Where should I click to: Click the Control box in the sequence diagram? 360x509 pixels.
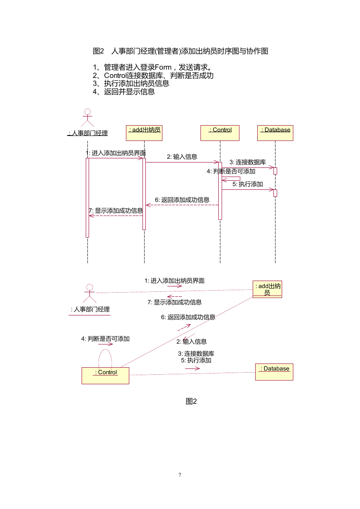[220, 133]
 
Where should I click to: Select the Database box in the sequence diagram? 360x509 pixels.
[275, 133]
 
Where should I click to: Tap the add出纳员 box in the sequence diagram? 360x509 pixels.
[144, 133]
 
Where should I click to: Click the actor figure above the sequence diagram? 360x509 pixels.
[87, 117]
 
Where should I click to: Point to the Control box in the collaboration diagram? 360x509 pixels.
[105, 376]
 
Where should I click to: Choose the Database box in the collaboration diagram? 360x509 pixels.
[274, 372]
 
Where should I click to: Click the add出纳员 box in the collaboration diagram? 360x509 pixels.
[267, 289]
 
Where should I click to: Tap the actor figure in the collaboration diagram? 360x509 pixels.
[89, 293]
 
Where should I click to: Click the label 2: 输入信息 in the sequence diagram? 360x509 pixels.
[182, 157]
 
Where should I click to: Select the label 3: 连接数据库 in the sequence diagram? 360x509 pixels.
[248, 162]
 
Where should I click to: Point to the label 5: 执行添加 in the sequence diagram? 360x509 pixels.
[248, 184]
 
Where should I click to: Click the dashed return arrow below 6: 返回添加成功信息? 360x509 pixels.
[182, 205]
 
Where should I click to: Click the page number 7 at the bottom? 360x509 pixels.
[180, 475]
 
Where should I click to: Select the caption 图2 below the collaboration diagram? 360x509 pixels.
[191, 401]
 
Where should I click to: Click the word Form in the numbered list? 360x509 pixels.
[163, 67]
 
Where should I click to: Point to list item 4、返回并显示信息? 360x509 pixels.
[124, 92]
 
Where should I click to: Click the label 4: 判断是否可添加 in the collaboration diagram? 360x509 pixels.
[105, 339]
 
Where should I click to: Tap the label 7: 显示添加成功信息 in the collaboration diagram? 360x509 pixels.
[174, 302]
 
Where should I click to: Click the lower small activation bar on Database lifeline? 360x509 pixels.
[275, 193]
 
